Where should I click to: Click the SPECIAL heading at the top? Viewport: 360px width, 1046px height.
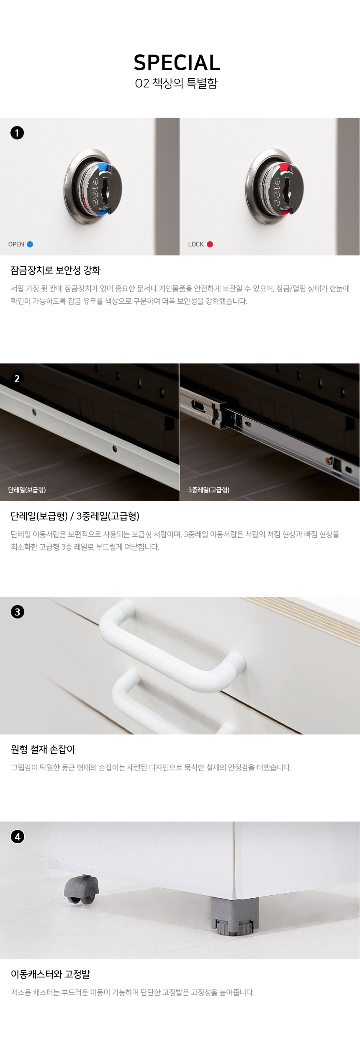tap(177, 63)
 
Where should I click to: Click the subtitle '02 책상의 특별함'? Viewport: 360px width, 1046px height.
tap(176, 83)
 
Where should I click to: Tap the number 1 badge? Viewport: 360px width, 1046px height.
tap(17, 133)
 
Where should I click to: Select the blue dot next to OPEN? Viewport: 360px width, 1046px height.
tap(30, 244)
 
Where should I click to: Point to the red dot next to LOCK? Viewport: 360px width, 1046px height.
tap(210, 244)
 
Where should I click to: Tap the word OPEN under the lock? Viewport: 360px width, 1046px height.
tap(16, 244)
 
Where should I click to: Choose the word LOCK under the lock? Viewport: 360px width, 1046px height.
tap(196, 244)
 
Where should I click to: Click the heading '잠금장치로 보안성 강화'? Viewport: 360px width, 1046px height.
tap(56, 270)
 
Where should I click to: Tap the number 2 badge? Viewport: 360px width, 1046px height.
tap(17, 379)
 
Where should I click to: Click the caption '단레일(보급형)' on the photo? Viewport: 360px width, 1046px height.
tap(27, 490)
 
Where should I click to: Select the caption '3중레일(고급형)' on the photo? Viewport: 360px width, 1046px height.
tap(209, 490)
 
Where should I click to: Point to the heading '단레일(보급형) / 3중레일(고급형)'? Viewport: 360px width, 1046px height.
tap(75, 516)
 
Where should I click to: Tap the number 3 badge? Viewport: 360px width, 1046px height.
tap(17, 612)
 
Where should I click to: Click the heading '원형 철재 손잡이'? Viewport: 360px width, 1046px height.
tap(43, 749)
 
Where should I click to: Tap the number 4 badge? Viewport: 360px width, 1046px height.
tap(17, 837)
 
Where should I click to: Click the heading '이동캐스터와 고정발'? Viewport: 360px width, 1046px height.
tap(51, 974)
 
